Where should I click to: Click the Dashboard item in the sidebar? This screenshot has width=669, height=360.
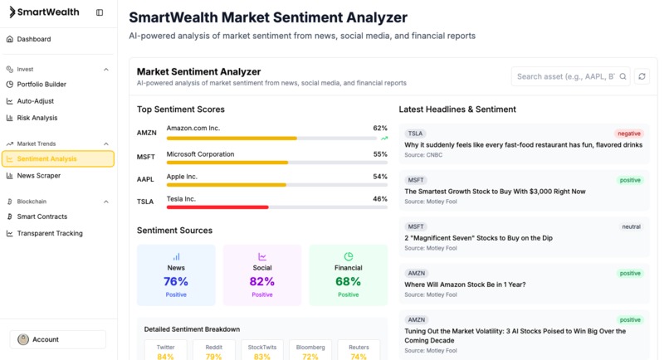pyautogui.click(x=33, y=39)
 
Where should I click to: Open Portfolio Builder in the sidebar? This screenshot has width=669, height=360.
pyautogui.click(x=42, y=85)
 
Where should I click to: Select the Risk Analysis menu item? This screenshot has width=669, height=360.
pyautogui.click(x=37, y=118)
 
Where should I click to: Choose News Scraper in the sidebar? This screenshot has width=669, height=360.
pyautogui.click(x=39, y=176)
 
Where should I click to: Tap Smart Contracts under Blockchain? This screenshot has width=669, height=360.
pyautogui.click(x=42, y=216)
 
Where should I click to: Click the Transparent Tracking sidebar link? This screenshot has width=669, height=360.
pyautogui.click(x=50, y=233)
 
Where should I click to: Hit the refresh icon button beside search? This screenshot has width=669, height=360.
pyautogui.click(x=642, y=76)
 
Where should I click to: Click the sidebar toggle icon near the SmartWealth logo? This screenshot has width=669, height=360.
pyautogui.click(x=100, y=12)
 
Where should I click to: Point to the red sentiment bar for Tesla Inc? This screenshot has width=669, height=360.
pyautogui.click(x=217, y=207)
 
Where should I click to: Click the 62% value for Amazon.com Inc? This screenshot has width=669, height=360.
pyautogui.click(x=380, y=129)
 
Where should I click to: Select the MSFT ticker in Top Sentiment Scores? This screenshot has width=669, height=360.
pyautogui.click(x=146, y=157)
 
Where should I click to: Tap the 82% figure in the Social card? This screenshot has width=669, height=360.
pyautogui.click(x=262, y=282)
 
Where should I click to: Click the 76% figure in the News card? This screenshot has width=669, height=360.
pyautogui.click(x=176, y=282)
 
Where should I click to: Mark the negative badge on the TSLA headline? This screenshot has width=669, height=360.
pyautogui.click(x=629, y=134)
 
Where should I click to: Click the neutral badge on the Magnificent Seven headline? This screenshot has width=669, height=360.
pyautogui.click(x=631, y=226)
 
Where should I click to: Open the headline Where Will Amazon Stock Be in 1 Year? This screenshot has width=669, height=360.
pyautogui.click(x=465, y=285)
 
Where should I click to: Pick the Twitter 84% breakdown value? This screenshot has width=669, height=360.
pyautogui.click(x=165, y=357)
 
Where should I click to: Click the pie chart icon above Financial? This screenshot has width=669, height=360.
pyautogui.click(x=349, y=257)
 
